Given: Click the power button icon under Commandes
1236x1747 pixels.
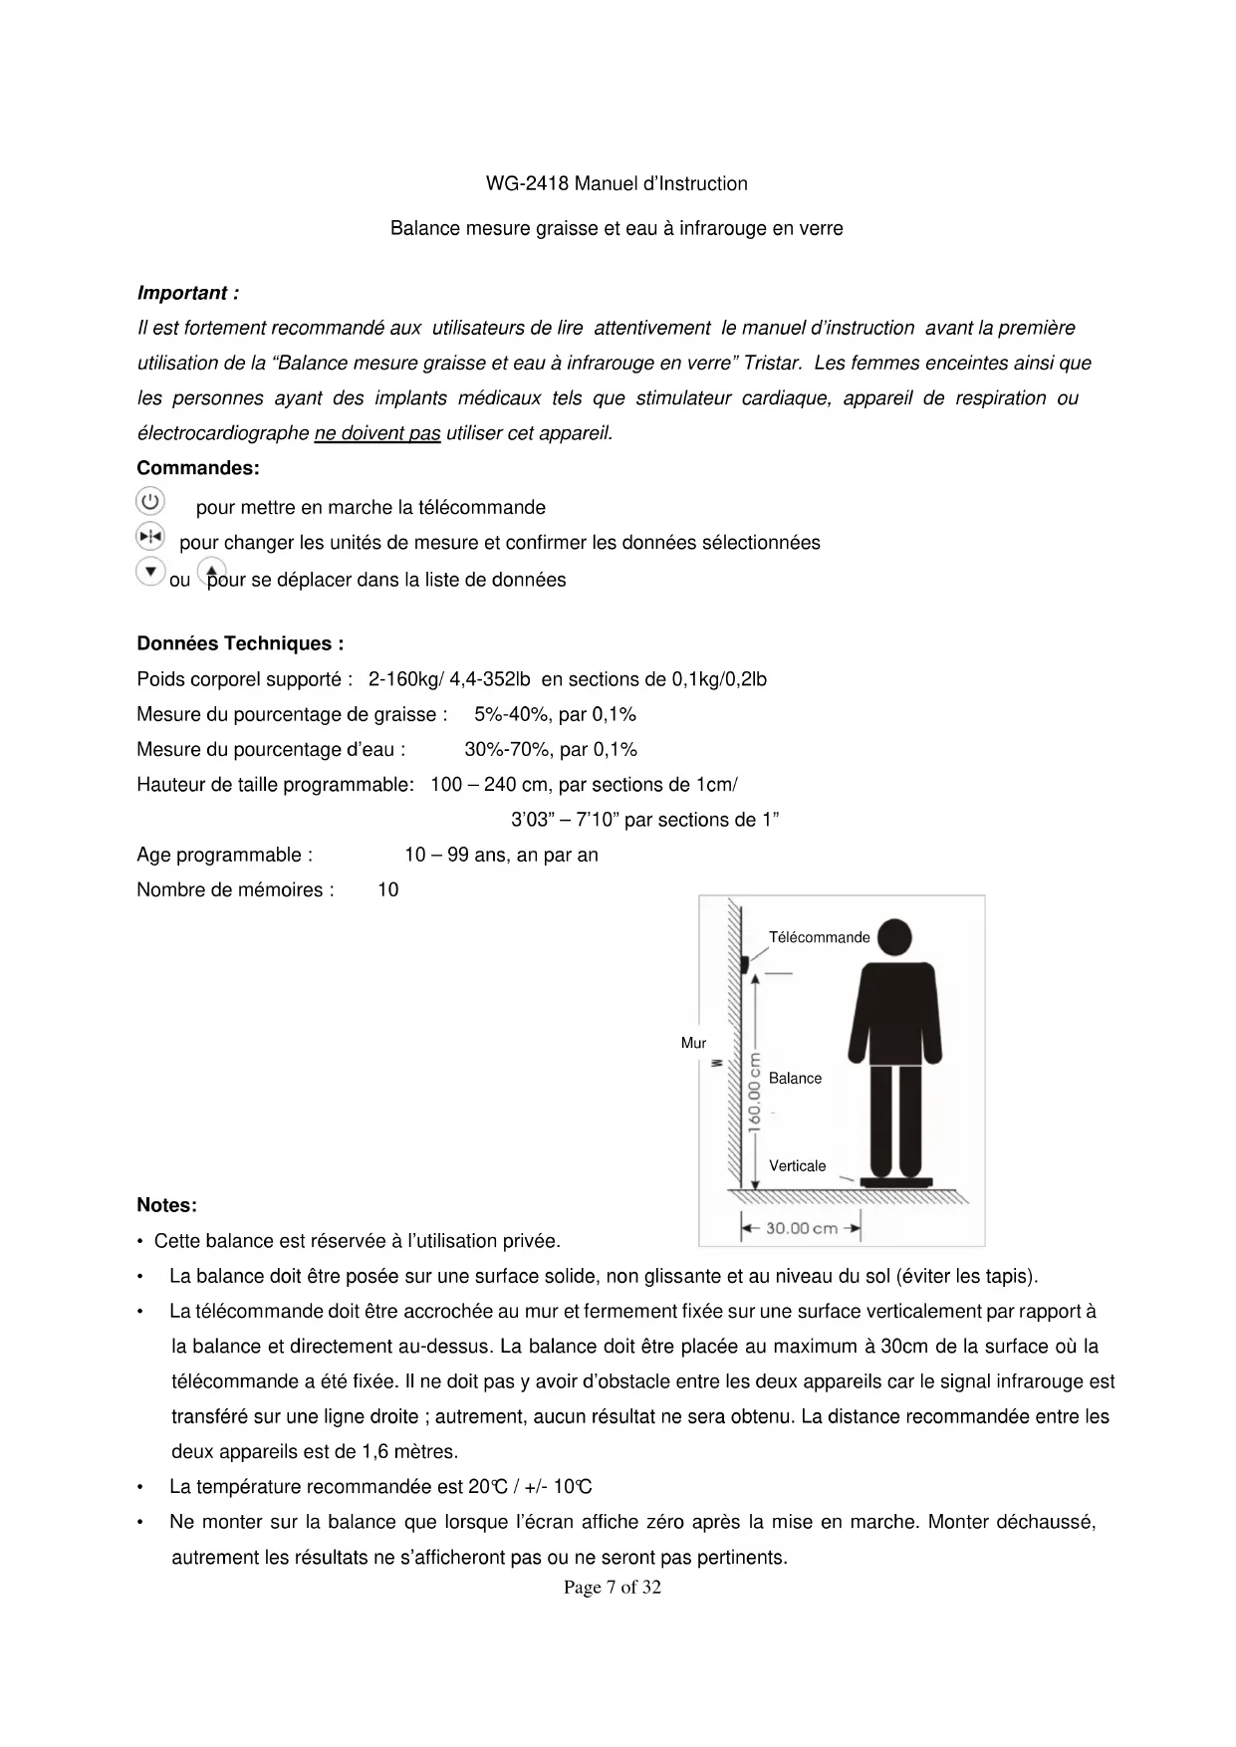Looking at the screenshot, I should point(149,501).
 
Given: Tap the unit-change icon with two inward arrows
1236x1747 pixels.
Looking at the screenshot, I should point(149,537).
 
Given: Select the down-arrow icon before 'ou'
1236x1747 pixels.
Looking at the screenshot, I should point(149,572).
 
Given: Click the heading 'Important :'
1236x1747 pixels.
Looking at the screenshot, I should point(187,293).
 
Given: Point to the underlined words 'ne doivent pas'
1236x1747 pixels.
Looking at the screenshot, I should point(376,433).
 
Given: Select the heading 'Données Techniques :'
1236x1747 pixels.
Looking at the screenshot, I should point(240,643).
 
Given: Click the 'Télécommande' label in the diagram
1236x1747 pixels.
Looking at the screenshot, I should point(819,937).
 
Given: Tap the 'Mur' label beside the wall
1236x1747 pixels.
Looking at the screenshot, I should point(693,1043).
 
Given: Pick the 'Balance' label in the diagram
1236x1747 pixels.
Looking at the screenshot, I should point(795,1078).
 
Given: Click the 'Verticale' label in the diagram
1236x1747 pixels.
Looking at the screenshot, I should point(797,1165).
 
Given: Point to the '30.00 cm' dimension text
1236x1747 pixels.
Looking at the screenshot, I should point(801,1228).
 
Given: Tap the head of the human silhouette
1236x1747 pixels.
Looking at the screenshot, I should point(893,937).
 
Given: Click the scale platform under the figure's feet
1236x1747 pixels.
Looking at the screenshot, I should point(896,1181).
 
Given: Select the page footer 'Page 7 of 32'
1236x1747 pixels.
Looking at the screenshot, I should point(612,1587).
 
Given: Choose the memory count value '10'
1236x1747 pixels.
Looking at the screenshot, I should point(387,890).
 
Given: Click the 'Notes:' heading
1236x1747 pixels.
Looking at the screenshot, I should point(166,1205).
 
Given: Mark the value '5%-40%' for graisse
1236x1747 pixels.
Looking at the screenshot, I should point(508,714).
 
